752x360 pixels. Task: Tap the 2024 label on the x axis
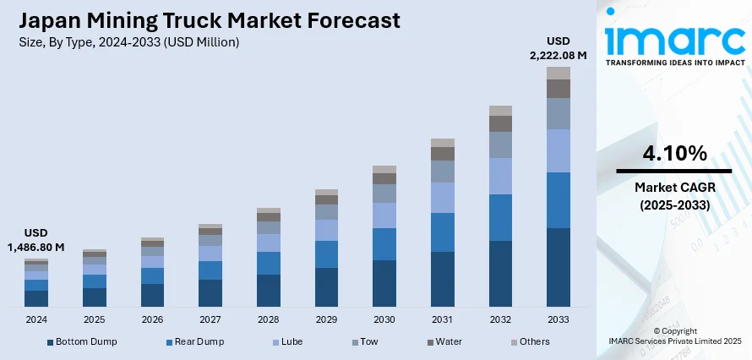tap(36, 320)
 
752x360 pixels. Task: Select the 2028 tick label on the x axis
tap(269, 320)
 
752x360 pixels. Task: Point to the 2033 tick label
tap(559, 320)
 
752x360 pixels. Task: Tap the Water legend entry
tap(448, 341)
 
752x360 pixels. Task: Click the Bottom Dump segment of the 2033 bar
tap(559, 267)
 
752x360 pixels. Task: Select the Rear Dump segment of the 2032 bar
tap(501, 218)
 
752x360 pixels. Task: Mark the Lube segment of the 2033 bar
tap(559, 150)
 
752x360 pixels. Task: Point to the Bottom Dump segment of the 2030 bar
tap(384, 283)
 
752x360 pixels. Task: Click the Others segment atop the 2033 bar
tap(559, 74)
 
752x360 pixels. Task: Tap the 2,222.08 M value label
tap(559, 55)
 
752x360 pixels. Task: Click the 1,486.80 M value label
tap(36, 247)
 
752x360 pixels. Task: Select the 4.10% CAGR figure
tap(673, 154)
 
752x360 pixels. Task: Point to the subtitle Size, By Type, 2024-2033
tap(126, 41)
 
